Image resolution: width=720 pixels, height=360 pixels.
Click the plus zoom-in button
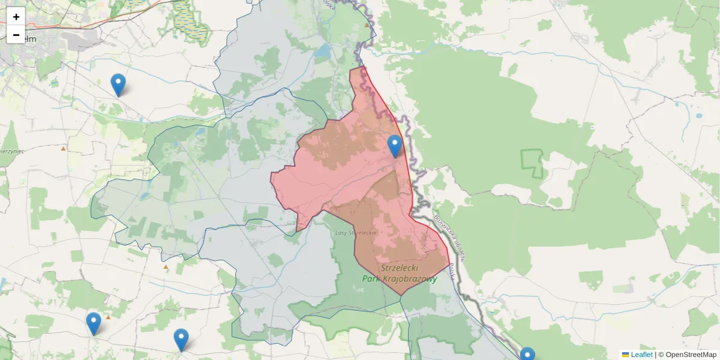[x=16, y=16]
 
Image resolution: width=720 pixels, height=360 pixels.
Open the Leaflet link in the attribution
[x=641, y=355]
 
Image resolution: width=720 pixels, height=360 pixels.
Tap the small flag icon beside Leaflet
[x=625, y=355]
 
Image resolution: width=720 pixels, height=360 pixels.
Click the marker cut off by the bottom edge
[x=527, y=355]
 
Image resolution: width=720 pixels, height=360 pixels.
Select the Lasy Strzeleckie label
[x=355, y=232]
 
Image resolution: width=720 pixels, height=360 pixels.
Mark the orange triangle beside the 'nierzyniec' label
[x=63, y=148]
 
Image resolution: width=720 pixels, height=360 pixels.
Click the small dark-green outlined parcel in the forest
[x=532, y=164]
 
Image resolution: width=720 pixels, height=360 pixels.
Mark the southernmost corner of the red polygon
[x=401, y=295]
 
